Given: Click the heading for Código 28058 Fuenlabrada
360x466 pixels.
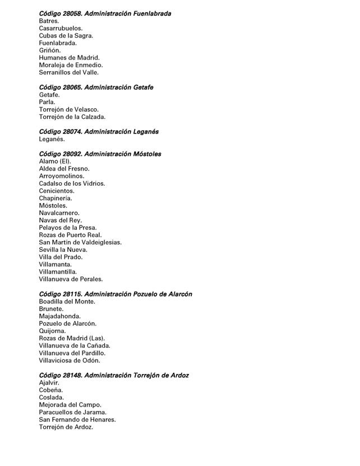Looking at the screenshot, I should point(105,13).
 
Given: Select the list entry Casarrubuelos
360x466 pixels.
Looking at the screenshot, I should point(61,28).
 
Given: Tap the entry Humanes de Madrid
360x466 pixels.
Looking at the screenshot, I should point(69,58).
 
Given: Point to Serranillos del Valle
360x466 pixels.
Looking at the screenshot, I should point(68,72).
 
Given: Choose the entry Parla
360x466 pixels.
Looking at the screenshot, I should point(47,102).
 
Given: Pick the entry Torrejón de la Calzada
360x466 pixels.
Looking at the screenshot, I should point(72,117).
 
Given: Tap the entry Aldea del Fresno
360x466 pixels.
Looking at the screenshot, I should point(64,169).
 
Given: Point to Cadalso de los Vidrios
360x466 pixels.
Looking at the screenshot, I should point(72,183).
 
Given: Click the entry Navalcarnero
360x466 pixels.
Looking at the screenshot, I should point(59,213).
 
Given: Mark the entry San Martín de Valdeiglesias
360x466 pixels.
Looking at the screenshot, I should point(80,242).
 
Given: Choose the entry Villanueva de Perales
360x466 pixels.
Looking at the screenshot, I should point(71,279).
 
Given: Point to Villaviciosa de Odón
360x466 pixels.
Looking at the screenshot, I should point(69,361).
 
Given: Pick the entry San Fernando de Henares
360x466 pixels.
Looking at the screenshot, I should point(77,419).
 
